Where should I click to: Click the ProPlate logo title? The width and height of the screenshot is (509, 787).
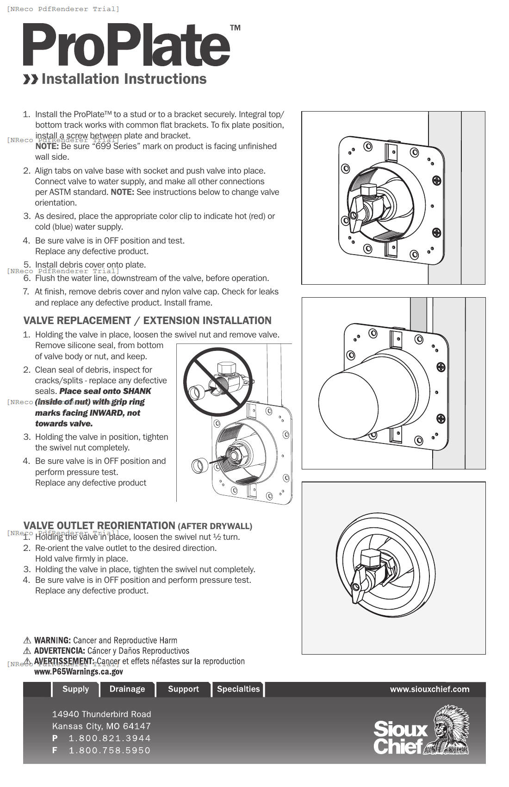[x=126, y=45]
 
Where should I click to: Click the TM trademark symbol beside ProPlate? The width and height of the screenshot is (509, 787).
[x=235, y=28]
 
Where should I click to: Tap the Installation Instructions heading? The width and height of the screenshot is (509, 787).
[x=124, y=79]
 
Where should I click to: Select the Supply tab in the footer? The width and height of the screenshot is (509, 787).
[x=75, y=689]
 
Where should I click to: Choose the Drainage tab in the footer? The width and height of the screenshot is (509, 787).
[x=127, y=689]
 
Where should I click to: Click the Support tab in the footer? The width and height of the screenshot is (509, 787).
[x=183, y=689]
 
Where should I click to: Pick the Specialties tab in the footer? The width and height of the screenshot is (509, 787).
[x=238, y=689]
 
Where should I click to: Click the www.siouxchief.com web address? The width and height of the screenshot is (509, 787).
[x=429, y=689]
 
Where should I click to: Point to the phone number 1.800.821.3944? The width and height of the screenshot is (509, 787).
[x=110, y=738]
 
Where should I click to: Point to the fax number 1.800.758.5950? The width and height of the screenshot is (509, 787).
[x=110, y=750]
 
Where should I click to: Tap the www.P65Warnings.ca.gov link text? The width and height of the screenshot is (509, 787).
[x=79, y=672]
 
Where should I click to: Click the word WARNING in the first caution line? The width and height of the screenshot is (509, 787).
[x=52, y=640]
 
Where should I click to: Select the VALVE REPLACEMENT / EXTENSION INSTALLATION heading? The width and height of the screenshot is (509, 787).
[x=147, y=320]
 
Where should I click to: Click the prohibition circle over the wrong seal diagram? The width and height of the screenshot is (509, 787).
[x=218, y=382]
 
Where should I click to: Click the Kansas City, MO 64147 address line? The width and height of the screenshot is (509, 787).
[x=101, y=726]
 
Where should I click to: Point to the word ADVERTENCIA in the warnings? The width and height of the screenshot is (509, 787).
[x=59, y=651]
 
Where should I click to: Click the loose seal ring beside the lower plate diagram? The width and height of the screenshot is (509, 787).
[x=200, y=465]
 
